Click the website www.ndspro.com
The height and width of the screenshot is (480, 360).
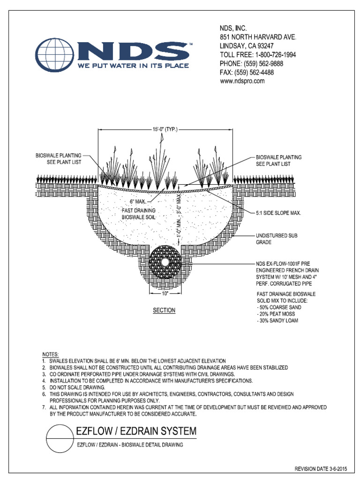(x=242, y=81)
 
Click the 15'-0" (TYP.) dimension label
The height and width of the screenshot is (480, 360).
(x=165, y=129)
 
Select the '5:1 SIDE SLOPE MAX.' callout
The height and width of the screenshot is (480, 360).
(x=278, y=213)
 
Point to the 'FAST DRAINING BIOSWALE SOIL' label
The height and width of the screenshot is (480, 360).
(x=139, y=214)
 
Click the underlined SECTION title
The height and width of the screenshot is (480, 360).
(x=164, y=310)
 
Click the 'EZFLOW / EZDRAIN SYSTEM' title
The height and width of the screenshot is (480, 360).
(x=136, y=431)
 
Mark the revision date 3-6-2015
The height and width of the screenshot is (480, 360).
(x=321, y=468)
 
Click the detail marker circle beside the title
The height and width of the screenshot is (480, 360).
(x=59, y=437)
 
